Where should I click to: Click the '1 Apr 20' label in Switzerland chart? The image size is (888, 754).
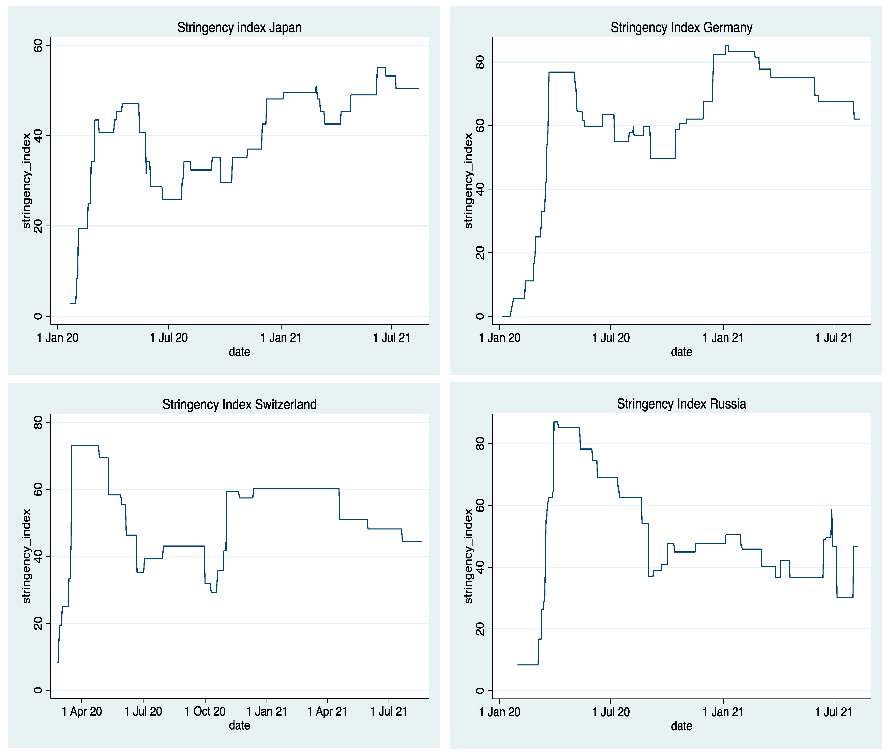pos(82,712)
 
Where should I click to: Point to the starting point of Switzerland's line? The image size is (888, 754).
pos(58,662)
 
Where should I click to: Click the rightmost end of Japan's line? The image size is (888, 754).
pos(419,89)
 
